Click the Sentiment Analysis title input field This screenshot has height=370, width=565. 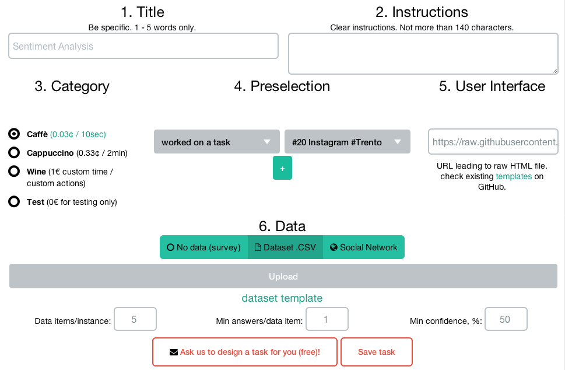[143, 46]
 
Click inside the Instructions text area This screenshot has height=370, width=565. [423, 54]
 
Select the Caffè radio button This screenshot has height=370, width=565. [14, 134]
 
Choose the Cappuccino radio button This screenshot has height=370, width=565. [14, 152]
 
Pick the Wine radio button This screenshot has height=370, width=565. [14, 172]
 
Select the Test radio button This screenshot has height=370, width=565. [14, 201]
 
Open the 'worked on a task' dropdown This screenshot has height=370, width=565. [216, 142]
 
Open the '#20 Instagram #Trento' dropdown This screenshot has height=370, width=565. [348, 142]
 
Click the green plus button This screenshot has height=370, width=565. [282, 168]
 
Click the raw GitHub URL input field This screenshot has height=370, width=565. [493, 142]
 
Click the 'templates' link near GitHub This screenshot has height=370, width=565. [514, 176]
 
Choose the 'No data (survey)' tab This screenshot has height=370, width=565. [204, 247]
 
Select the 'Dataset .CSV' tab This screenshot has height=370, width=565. [285, 247]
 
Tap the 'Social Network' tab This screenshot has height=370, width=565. [364, 247]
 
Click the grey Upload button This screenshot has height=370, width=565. [283, 276]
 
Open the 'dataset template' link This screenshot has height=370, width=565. [282, 298]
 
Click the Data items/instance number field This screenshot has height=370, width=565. [135, 319]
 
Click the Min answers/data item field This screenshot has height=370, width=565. [327, 319]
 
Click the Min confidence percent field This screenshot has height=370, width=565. [506, 319]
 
